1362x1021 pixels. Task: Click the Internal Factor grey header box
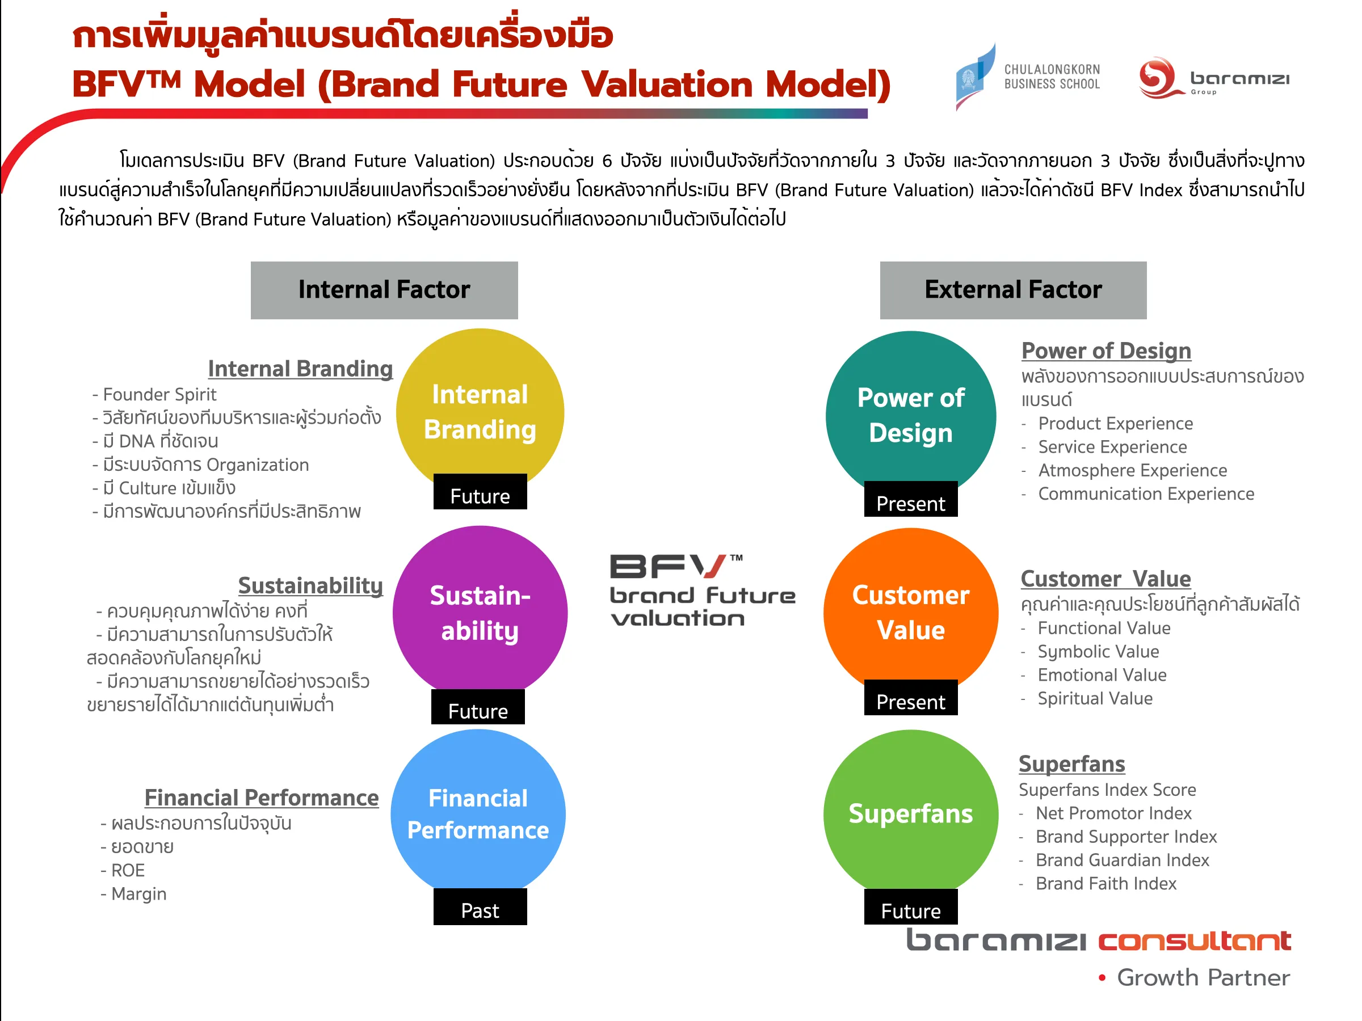(x=384, y=290)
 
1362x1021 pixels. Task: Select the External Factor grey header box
(x=1013, y=290)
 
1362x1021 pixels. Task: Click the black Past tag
(x=480, y=910)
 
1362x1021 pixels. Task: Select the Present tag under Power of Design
(x=910, y=502)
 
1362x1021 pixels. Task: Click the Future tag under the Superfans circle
(x=910, y=910)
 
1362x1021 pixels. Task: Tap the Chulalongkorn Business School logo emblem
(x=974, y=77)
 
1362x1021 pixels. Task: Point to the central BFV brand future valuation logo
(x=702, y=591)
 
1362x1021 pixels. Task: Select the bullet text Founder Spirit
(x=159, y=394)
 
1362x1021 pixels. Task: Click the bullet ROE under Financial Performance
(x=128, y=870)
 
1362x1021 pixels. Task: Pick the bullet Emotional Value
(x=1102, y=675)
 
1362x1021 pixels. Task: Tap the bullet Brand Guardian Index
(x=1122, y=860)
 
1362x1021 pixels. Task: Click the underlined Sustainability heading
(x=310, y=585)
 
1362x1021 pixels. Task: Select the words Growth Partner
(x=1203, y=977)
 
